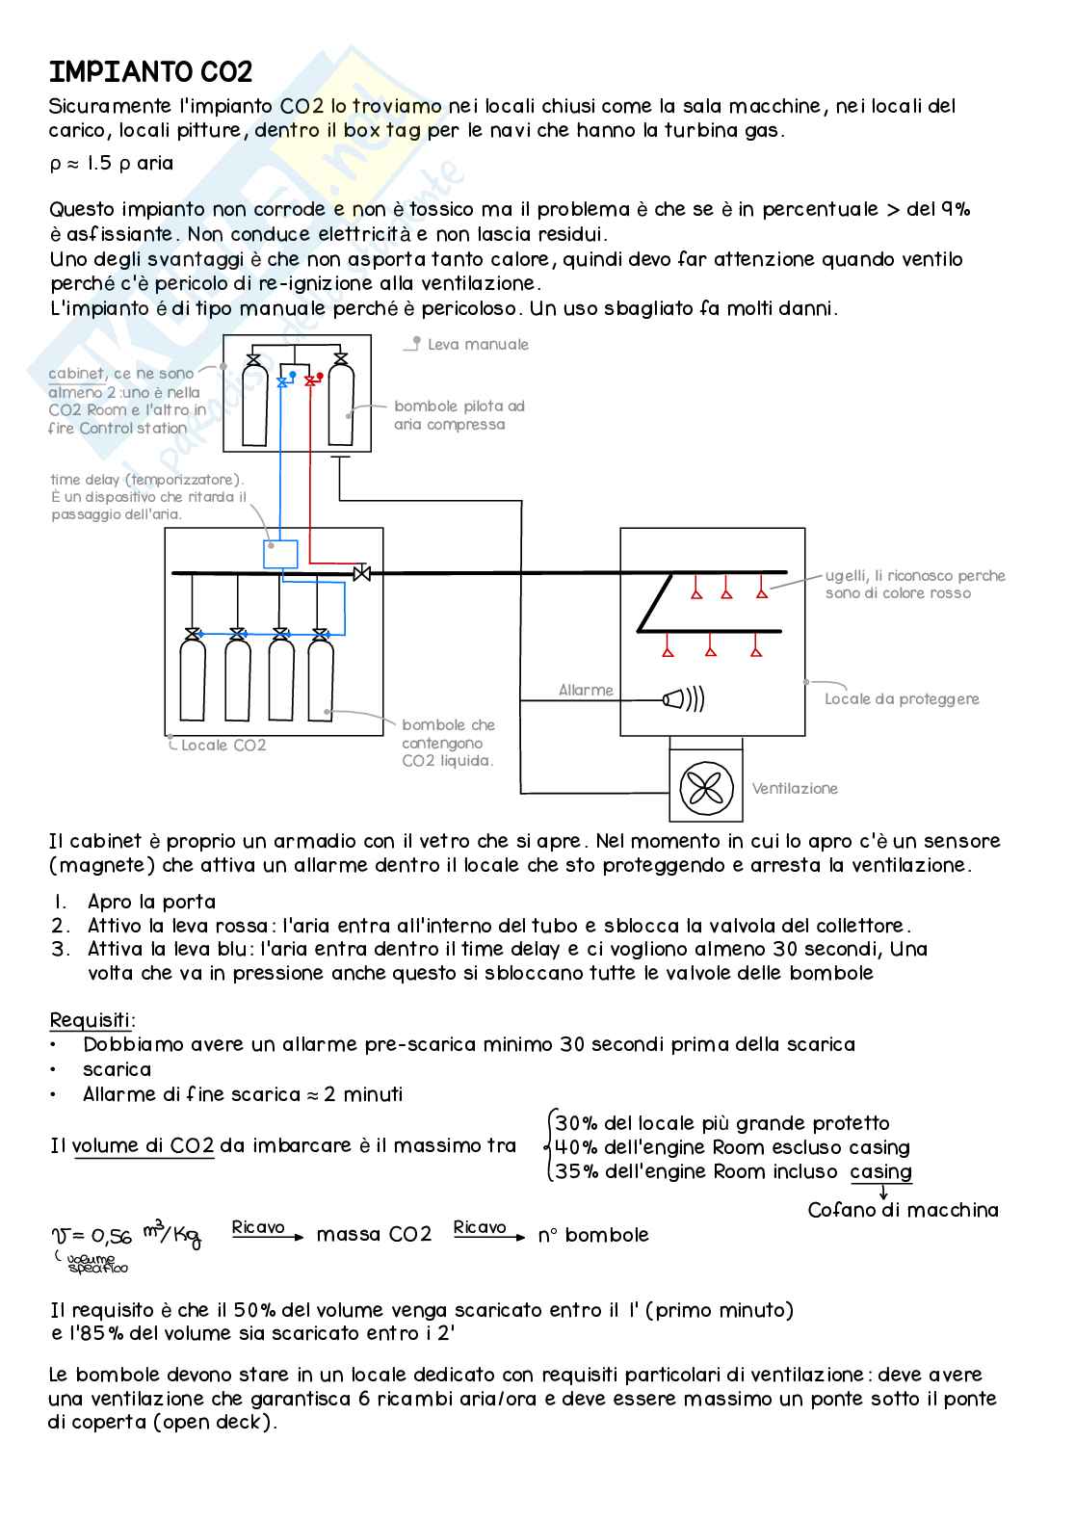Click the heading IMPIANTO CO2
pyautogui.click(x=150, y=72)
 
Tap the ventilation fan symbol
pyautogui.click(x=706, y=788)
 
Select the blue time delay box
pyautogui.click(x=280, y=554)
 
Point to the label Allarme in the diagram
pyautogui.click(x=586, y=690)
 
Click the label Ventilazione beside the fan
pyautogui.click(x=795, y=788)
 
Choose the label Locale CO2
pyautogui.click(x=223, y=745)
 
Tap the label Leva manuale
pyautogui.click(x=478, y=344)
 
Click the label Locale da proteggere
pyautogui.click(x=902, y=698)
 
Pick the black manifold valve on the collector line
pyautogui.click(x=362, y=573)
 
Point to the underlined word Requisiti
pyautogui.click(x=92, y=1020)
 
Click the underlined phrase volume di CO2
pyautogui.click(x=143, y=1145)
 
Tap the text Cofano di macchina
pyautogui.click(x=903, y=1210)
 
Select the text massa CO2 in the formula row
pyautogui.click(x=374, y=1234)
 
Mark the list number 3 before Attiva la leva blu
pyautogui.click(x=61, y=949)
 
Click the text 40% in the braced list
pyautogui.click(x=576, y=1147)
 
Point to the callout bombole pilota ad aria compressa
pyautogui.click(x=459, y=415)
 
